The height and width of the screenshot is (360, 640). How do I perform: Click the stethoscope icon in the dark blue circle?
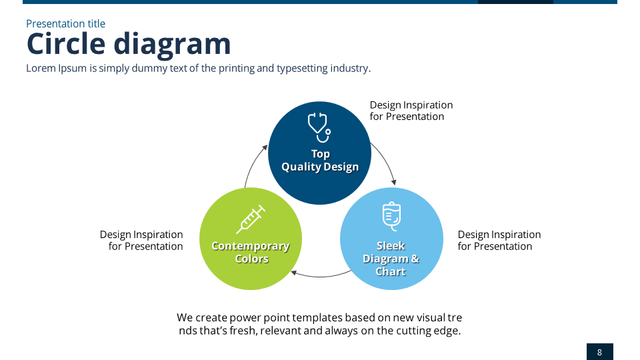point(319,127)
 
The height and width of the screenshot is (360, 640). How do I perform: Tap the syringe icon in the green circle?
point(251,219)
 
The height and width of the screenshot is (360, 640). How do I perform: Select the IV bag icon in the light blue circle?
point(391,217)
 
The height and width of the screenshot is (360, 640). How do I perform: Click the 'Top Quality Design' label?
point(320,161)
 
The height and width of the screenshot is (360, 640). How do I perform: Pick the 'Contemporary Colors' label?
point(251,253)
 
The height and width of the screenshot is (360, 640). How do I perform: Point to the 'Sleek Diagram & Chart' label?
point(391,259)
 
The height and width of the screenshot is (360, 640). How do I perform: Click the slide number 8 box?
point(599,352)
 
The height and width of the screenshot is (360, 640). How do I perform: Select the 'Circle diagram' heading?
point(129,44)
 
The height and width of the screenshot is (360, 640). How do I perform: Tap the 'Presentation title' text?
point(65,24)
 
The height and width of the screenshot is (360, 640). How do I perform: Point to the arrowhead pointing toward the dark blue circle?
point(263,148)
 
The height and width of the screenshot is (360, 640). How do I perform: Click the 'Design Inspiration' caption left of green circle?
point(141,241)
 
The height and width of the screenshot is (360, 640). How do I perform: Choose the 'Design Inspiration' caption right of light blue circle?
point(499,241)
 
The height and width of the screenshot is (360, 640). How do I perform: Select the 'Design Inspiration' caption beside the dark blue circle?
point(411,111)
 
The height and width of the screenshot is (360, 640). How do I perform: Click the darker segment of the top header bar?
point(515,2)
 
